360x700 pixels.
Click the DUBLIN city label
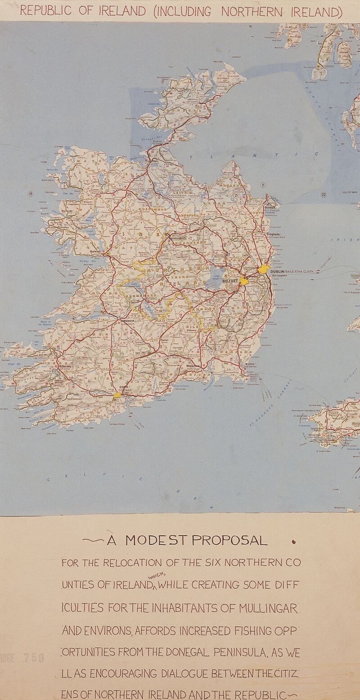(276, 271)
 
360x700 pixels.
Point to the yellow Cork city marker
(117, 395)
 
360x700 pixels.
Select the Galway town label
(95, 252)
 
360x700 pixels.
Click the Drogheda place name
(273, 235)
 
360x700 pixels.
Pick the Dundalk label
(270, 208)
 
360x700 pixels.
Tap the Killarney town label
(65, 366)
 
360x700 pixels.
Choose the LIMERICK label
(126, 321)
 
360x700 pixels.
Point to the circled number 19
(31, 194)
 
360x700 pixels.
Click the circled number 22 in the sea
(323, 194)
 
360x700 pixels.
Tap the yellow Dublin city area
(263, 269)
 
